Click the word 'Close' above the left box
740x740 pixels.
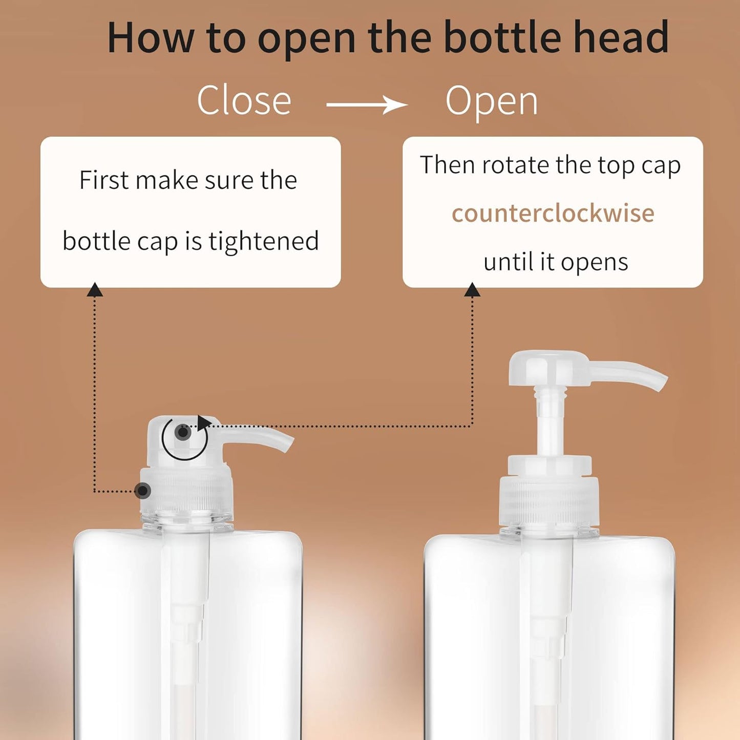244,100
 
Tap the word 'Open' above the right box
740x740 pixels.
492,101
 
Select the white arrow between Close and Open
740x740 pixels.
367,105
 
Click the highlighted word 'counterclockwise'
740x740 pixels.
553,214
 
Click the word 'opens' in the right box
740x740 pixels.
594,262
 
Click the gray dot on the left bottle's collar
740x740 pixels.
143,491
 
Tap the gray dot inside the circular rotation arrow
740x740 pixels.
183,433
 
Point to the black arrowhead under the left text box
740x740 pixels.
95,290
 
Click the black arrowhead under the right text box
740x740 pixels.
472,290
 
